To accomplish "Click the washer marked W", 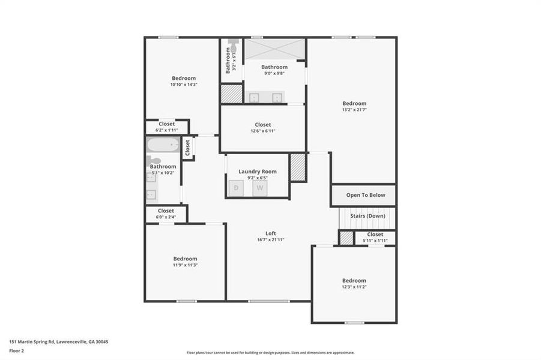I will pyautogui.click(x=260, y=188).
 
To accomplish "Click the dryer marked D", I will pyautogui.click(x=236, y=188).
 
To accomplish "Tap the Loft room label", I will pyautogui.click(x=271, y=233).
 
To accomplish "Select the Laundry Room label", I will pyautogui.click(x=257, y=172).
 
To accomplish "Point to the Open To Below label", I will pyautogui.click(x=362, y=195).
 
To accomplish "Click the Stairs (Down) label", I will pyautogui.click(x=367, y=215).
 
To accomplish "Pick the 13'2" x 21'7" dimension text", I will pyautogui.click(x=354, y=110).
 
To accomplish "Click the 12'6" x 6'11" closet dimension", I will pyautogui.click(x=262, y=131).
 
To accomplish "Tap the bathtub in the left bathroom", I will pyautogui.click(x=163, y=145).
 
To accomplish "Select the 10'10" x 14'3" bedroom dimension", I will pyautogui.click(x=184, y=85).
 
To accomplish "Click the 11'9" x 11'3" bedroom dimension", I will pyautogui.click(x=185, y=265).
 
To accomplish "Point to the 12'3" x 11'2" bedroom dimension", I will pyautogui.click(x=354, y=287).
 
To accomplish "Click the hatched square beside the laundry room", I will pyautogui.click(x=298, y=167).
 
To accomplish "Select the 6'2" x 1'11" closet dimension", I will pyautogui.click(x=167, y=130).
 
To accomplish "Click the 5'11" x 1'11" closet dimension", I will pyautogui.click(x=375, y=241).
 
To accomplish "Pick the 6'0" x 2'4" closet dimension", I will pyautogui.click(x=166, y=217).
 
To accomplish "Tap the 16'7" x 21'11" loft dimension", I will pyautogui.click(x=271, y=239).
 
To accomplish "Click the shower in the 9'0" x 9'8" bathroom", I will pyautogui.click(x=275, y=49).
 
